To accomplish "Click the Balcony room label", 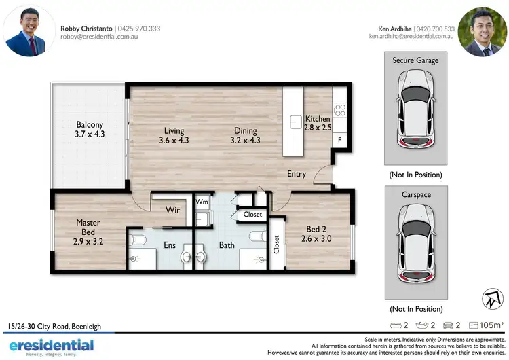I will tap(90, 124).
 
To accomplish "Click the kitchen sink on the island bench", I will tap(295, 122).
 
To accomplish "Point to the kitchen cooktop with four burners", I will tap(339, 108).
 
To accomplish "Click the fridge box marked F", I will tap(339, 140).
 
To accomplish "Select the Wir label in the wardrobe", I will tap(172, 210).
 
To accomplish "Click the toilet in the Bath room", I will tap(257, 236).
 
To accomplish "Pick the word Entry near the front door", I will tap(297, 174).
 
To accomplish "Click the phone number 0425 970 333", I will tap(139, 29).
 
